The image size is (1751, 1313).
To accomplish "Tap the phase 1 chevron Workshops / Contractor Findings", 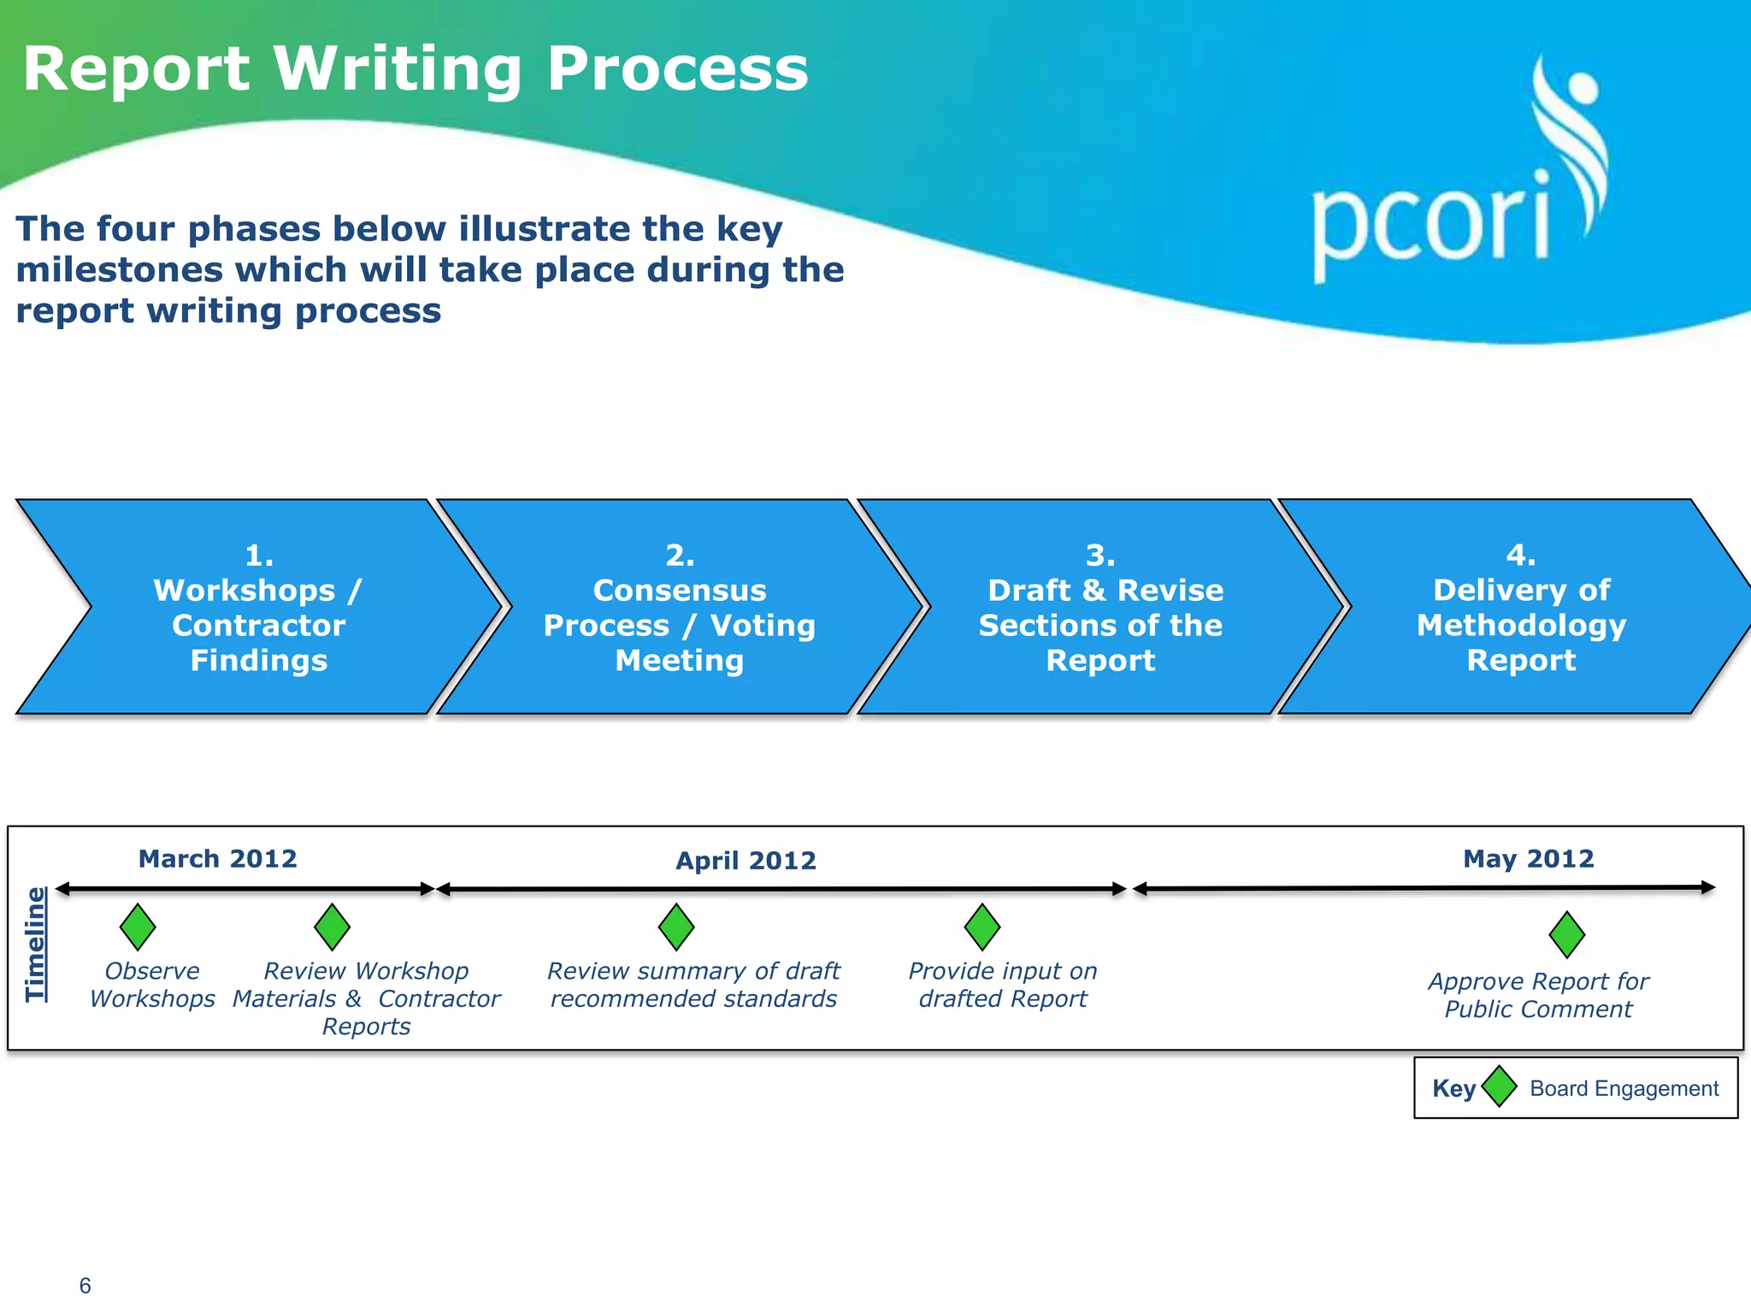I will (x=259, y=608).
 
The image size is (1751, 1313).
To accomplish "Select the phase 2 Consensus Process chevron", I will (x=680, y=608).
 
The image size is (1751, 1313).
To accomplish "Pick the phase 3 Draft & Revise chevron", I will (x=1100, y=608).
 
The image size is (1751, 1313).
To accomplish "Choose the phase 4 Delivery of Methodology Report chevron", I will (x=1521, y=608).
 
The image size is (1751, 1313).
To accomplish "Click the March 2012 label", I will (x=218, y=858).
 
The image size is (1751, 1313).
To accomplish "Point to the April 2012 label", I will (x=746, y=861).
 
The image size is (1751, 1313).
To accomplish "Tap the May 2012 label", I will (x=1529, y=858).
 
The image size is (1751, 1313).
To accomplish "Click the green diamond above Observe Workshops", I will (x=138, y=927).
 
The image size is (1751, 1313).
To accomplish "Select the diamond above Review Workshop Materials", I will (x=333, y=927).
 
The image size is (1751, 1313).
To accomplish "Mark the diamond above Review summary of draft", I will (x=676, y=927).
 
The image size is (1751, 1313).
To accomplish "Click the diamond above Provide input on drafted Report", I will (x=982, y=927).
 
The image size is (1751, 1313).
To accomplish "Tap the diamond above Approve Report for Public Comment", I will (x=1567, y=934).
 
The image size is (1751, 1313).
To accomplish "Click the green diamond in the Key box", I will (x=1500, y=1086).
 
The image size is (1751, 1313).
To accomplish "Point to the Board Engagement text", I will (x=1624, y=1088).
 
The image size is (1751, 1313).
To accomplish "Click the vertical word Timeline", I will (x=36, y=944).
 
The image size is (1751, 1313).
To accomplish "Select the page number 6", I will (x=85, y=1286).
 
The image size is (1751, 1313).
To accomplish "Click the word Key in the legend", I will (x=1453, y=1088).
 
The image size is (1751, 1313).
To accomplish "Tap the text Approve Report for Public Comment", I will (x=1538, y=995).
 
